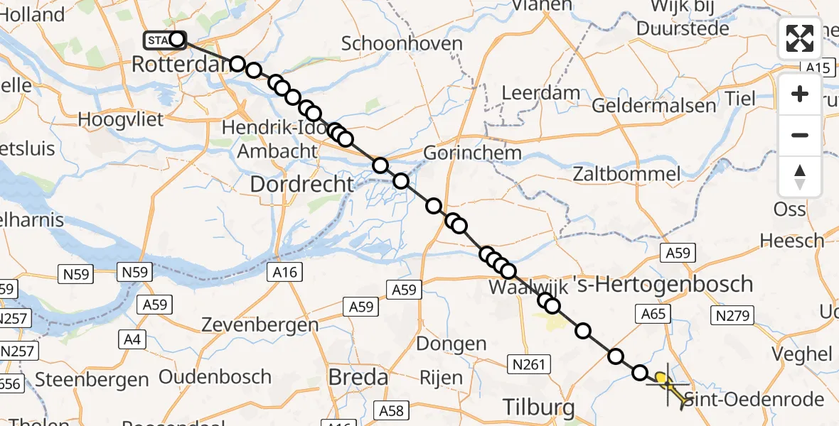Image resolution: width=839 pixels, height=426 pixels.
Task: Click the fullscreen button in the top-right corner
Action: (x=800, y=38)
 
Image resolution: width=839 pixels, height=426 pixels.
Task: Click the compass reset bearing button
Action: (x=800, y=177)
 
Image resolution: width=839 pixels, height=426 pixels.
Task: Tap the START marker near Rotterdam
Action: (x=163, y=40)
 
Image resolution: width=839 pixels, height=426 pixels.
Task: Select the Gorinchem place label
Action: (x=472, y=153)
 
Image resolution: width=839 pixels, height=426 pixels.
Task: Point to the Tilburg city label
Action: (x=538, y=408)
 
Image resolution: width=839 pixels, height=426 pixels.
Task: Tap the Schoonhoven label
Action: (x=402, y=43)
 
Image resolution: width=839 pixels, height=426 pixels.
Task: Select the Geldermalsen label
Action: (x=653, y=106)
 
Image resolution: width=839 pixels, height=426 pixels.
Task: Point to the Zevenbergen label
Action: (x=260, y=325)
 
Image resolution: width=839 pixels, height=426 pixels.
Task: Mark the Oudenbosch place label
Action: (x=215, y=376)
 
